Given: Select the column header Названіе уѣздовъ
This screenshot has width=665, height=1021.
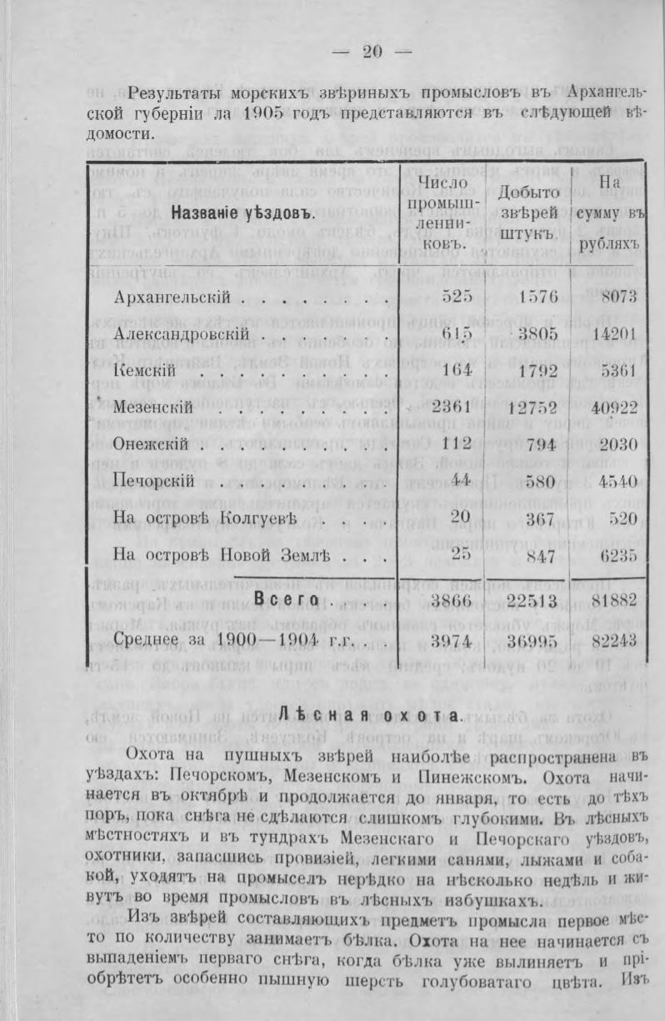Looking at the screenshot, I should click(x=242, y=213).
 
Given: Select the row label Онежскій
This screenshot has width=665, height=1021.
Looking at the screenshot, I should click(x=151, y=444).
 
